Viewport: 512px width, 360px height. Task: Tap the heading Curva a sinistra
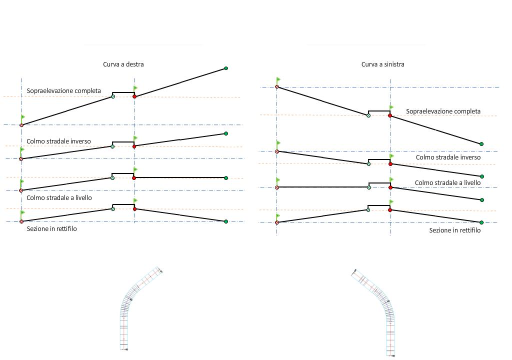pyautogui.click(x=382, y=64)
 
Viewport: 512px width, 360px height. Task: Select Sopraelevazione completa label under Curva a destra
pyautogui.click(x=64, y=91)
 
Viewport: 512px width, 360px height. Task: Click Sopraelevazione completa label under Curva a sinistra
pyautogui.click(x=443, y=111)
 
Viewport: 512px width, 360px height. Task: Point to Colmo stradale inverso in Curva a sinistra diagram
pyautogui.click(x=448, y=157)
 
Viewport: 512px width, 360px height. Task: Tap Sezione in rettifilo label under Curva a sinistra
pyautogui.click(x=455, y=230)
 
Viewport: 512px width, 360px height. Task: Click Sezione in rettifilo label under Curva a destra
pyautogui.click(x=52, y=229)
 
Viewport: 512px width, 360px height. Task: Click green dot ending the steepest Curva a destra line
pyautogui.click(x=226, y=68)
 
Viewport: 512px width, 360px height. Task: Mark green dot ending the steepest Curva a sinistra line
pyautogui.click(x=481, y=144)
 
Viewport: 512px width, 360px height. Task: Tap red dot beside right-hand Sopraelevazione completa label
pyautogui.click(x=390, y=115)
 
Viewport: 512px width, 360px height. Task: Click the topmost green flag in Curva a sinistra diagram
pyautogui.click(x=278, y=79)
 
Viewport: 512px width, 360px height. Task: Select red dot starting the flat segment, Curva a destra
pyautogui.click(x=134, y=177)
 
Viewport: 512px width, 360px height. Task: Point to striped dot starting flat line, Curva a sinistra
pyautogui.click(x=276, y=187)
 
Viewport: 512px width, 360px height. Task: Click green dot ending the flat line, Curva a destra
pyautogui.click(x=226, y=177)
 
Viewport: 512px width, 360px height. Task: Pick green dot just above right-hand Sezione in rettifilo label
pyautogui.click(x=481, y=222)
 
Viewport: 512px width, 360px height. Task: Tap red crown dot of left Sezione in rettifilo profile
pyautogui.click(x=134, y=209)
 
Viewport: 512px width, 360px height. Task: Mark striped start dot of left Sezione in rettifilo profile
pyautogui.click(x=21, y=221)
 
